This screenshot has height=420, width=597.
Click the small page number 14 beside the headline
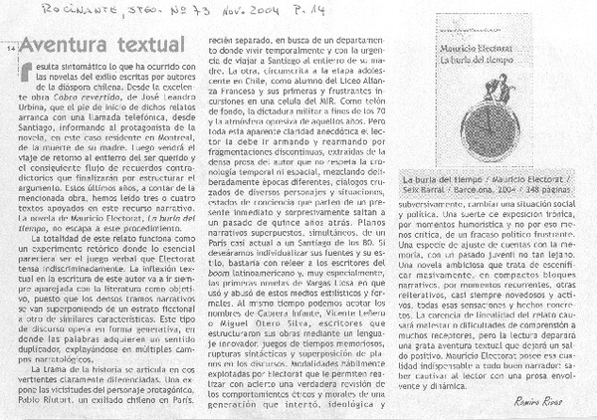[x=11, y=49]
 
